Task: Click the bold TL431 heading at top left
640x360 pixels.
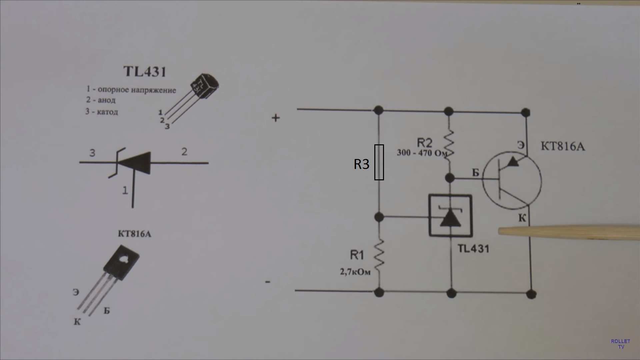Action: pyautogui.click(x=145, y=72)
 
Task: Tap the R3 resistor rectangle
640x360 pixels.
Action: pyautogui.click(x=379, y=162)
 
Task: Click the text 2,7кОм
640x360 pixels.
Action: pyautogui.click(x=355, y=272)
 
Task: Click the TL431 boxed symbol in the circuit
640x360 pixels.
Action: pyautogui.click(x=450, y=216)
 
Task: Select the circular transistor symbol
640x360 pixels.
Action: pyautogui.click(x=512, y=181)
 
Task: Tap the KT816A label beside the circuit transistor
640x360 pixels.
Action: pyautogui.click(x=563, y=146)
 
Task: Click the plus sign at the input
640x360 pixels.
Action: pyautogui.click(x=276, y=118)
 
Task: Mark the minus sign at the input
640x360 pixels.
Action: pyautogui.click(x=268, y=282)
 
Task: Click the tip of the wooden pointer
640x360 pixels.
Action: pyautogui.click(x=499, y=231)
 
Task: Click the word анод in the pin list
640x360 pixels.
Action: pyautogui.click(x=107, y=100)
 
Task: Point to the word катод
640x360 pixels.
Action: pyautogui.click(x=107, y=112)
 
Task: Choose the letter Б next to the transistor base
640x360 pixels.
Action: pyautogui.click(x=476, y=173)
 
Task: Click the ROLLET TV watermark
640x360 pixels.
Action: pyautogui.click(x=620, y=344)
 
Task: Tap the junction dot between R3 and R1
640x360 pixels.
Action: pyautogui.click(x=379, y=217)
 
